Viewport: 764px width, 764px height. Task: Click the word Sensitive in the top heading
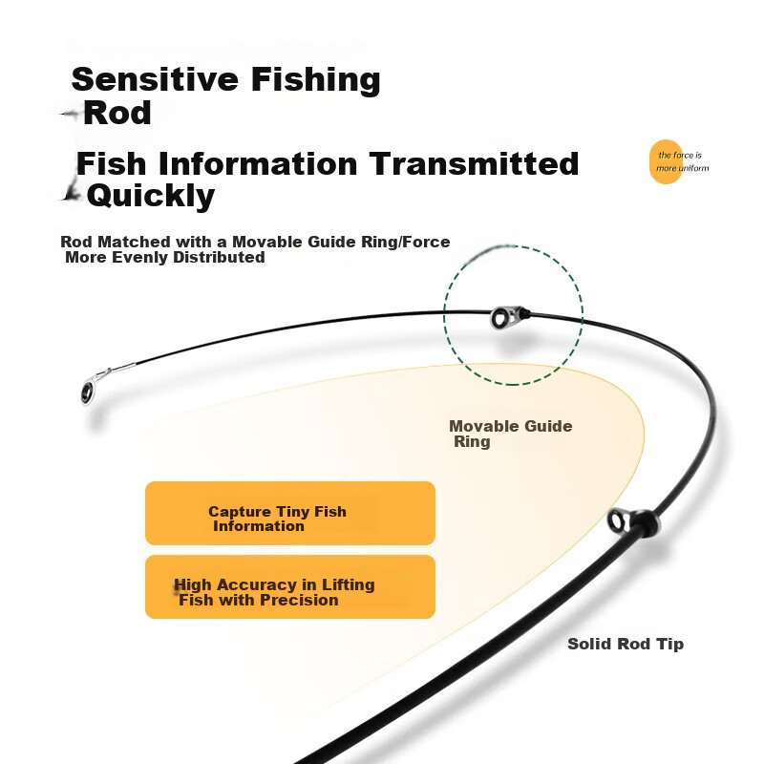pyautogui.click(x=155, y=79)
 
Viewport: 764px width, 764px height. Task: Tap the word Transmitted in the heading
pyautogui.click(x=474, y=163)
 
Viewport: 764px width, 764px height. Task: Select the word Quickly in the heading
pyautogui.click(x=151, y=196)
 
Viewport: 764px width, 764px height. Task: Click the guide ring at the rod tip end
pyautogui.click(x=88, y=392)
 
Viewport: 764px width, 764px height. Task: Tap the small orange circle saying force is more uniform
pyautogui.click(x=666, y=161)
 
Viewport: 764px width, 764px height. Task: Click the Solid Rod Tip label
pyautogui.click(x=626, y=644)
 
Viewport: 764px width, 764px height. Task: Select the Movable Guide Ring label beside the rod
pyautogui.click(x=511, y=434)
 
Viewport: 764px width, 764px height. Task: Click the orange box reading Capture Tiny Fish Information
pyautogui.click(x=290, y=513)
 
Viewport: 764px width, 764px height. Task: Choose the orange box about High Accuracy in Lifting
pyautogui.click(x=290, y=586)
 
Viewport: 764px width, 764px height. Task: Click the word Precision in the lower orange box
pyautogui.click(x=299, y=600)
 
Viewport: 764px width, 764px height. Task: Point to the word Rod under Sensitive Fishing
pyautogui.click(x=117, y=113)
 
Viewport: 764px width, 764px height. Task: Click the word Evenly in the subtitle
pyautogui.click(x=139, y=257)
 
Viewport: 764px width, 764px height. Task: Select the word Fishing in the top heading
pyautogui.click(x=316, y=79)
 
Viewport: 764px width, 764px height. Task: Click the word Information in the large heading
pyautogui.click(x=258, y=163)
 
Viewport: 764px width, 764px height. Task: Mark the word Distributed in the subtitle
pyautogui.click(x=219, y=257)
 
